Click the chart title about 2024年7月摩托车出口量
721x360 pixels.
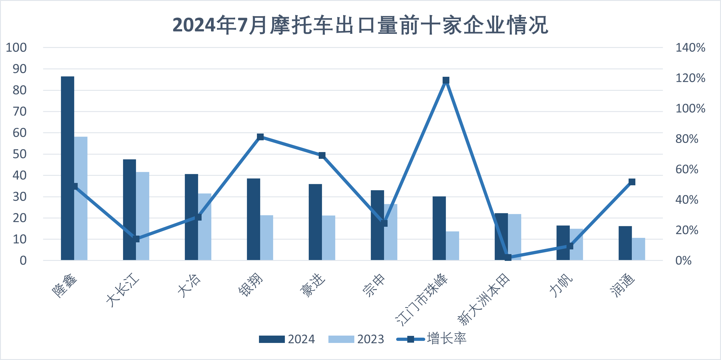click(x=360, y=25)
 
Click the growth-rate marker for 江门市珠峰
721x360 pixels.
click(x=446, y=80)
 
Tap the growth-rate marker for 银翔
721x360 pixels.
click(x=260, y=137)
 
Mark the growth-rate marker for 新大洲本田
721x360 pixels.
click(x=508, y=258)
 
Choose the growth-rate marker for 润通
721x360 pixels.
click(x=632, y=182)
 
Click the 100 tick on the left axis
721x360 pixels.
click(x=16, y=48)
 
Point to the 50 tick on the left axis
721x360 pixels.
click(x=19, y=154)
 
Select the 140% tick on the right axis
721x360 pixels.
click(x=690, y=48)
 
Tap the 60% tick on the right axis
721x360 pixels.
click(x=687, y=169)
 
